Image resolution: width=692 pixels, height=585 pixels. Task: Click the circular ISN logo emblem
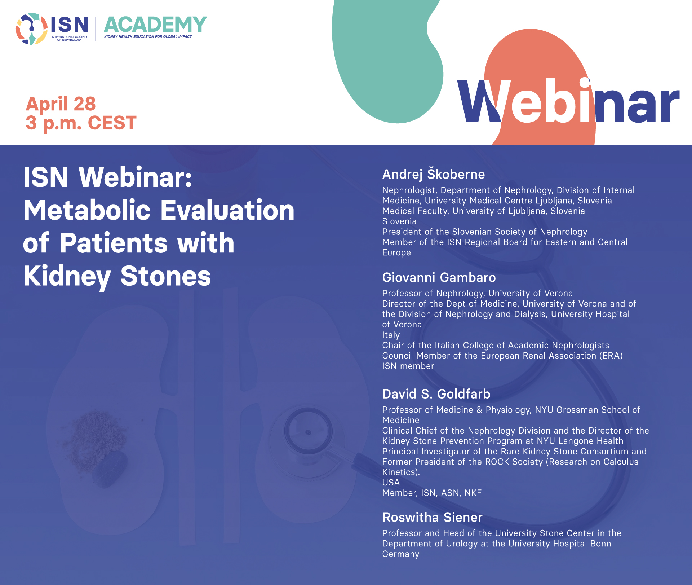[31, 29]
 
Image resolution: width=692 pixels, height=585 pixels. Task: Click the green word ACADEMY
[155, 25]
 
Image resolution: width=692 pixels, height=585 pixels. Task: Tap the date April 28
[61, 104]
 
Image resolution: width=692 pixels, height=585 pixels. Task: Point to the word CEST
[112, 123]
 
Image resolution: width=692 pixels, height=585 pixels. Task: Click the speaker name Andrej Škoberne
[434, 174]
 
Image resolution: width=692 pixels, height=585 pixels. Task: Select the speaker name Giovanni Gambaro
[439, 277]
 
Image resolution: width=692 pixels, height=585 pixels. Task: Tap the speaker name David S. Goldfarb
[436, 394]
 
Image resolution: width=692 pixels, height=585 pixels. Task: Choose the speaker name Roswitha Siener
[432, 517]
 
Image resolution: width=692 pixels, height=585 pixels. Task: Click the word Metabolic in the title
[87, 210]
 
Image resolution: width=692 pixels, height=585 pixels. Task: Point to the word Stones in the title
[165, 276]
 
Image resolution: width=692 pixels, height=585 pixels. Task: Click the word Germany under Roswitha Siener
[401, 554]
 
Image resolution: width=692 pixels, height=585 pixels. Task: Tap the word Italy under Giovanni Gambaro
[391, 335]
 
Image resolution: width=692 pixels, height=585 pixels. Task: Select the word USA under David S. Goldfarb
[391, 483]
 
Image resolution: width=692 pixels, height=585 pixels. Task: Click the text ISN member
[408, 366]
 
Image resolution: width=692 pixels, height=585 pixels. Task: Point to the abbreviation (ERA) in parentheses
[611, 356]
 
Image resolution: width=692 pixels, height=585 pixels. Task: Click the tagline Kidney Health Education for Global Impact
[148, 36]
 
